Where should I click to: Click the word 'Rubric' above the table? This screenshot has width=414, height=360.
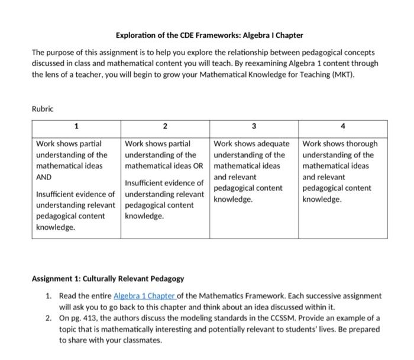[x=43, y=108]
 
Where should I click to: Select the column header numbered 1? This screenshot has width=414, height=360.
[x=76, y=126]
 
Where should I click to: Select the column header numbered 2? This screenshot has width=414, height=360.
[x=165, y=126]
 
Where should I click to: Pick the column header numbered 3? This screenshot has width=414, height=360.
[x=254, y=126]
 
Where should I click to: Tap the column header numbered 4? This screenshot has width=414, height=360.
[x=343, y=126]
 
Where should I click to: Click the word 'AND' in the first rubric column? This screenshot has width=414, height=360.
[x=44, y=177]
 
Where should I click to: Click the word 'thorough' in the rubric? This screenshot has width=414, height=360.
[x=358, y=144]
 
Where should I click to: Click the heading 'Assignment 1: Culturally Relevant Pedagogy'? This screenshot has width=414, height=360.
[x=108, y=278]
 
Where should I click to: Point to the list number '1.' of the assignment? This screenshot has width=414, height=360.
[x=50, y=295]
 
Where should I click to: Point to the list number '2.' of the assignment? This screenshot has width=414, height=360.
[x=50, y=319]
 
